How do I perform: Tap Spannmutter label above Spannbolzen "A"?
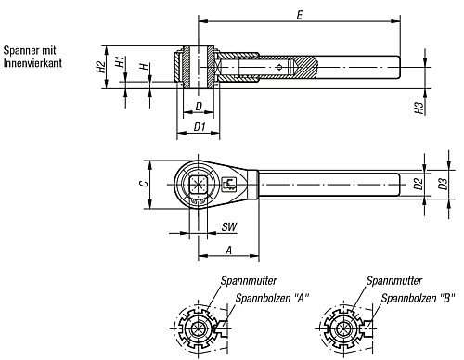[247, 279]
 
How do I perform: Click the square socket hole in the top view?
[197, 184]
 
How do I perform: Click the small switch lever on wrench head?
[228, 184]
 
